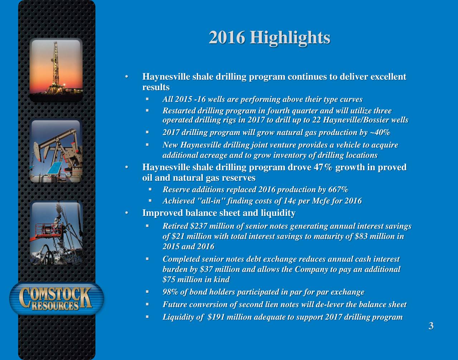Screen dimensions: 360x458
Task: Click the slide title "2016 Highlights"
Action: [x=269, y=38]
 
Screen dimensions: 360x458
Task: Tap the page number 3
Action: [x=431, y=326]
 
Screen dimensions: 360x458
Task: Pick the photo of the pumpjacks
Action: [x=56, y=151]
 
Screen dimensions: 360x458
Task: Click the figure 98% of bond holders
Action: [x=171, y=292]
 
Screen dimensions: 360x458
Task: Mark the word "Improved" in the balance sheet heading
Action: [x=161, y=214]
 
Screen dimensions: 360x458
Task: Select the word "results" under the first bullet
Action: [x=156, y=87]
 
